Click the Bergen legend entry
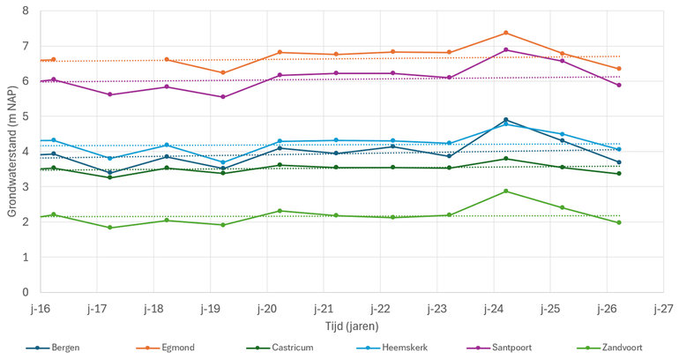[x=64, y=348]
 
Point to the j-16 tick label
[x=40, y=308]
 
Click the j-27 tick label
[x=663, y=308]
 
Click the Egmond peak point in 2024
[x=505, y=33]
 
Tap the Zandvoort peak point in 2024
[x=505, y=191]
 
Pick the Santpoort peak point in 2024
[x=505, y=50]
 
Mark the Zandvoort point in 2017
[x=109, y=228]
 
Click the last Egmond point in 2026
[x=619, y=69]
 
